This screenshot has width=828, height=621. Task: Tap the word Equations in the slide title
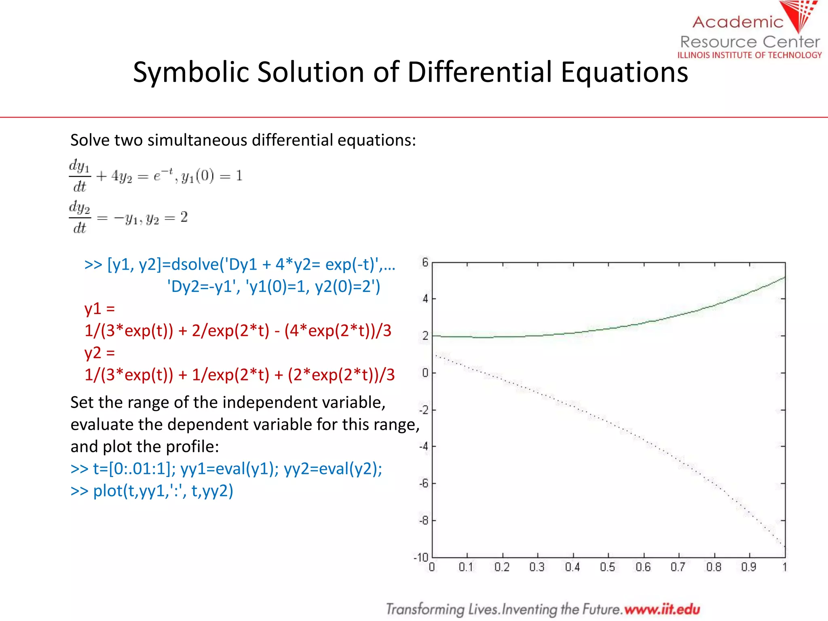pyautogui.click(x=624, y=72)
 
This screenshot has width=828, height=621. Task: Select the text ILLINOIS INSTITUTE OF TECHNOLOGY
pyautogui.click(x=750, y=55)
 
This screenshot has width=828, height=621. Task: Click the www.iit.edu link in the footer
pyautogui.click(x=662, y=609)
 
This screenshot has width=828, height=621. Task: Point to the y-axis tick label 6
pyautogui.click(x=425, y=262)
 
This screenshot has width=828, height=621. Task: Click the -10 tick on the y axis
pyautogui.click(x=421, y=558)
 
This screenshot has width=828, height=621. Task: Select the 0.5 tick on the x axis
pyautogui.click(x=607, y=567)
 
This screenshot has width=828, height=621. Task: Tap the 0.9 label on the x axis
pyautogui.click(x=748, y=567)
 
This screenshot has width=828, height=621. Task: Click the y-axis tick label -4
pyautogui.click(x=423, y=447)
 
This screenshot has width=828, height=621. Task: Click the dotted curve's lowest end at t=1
pyautogui.click(x=784, y=546)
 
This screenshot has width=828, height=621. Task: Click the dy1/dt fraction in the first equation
pyautogui.click(x=80, y=176)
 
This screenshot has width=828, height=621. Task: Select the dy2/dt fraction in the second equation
pyautogui.click(x=80, y=217)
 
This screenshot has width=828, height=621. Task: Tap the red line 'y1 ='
pyautogui.click(x=99, y=308)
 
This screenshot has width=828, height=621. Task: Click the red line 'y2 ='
pyautogui.click(x=99, y=353)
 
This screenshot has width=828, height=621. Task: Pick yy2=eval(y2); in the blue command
pyautogui.click(x=333, y=469)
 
